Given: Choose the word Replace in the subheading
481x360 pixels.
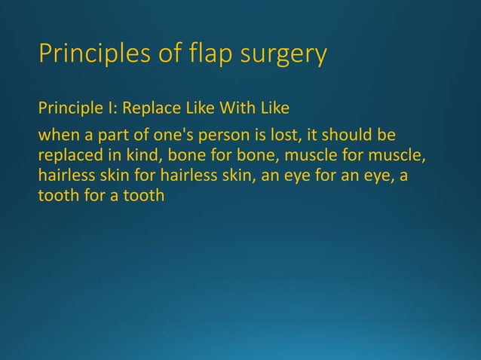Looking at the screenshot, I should (x=147, y=109).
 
